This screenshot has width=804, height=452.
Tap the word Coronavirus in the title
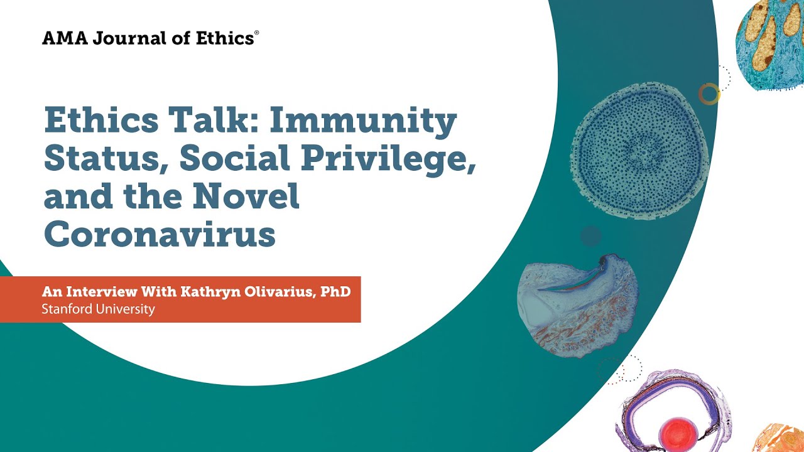(160, 235)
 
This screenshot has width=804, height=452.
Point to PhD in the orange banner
(335, 292)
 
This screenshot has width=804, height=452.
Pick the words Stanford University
(98, 309)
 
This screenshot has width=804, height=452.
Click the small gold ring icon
(709, 94)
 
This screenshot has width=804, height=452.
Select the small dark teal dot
(590, 236)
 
